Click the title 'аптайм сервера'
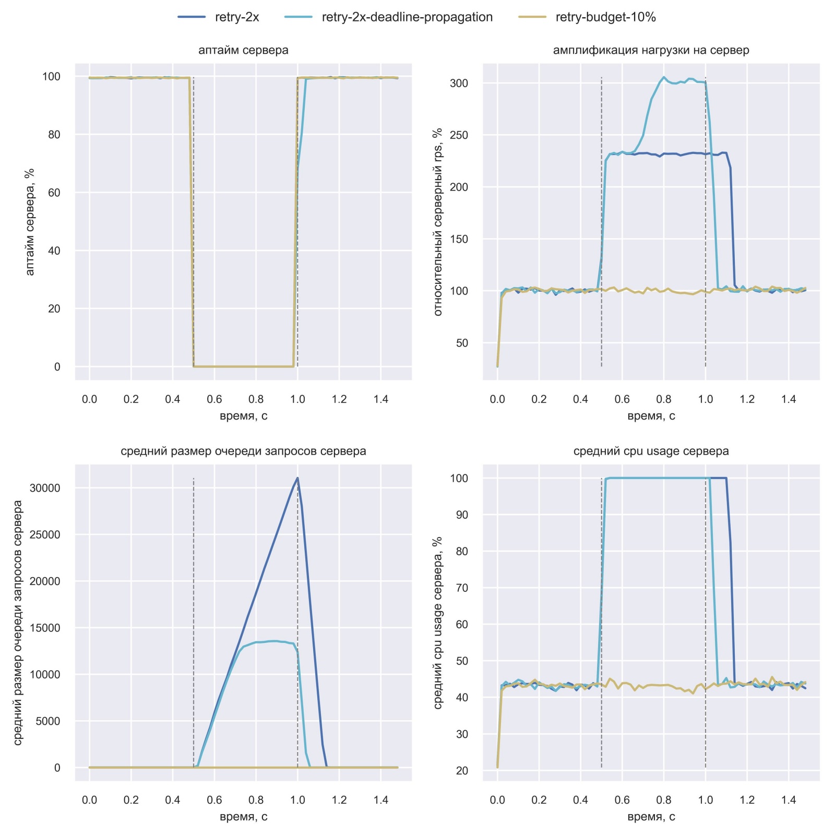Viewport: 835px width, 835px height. point(243,50)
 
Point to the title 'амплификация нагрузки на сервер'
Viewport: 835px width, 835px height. point(651,50)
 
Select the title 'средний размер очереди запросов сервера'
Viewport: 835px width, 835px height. point(243,451)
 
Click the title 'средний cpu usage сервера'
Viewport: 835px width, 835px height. point(651,451)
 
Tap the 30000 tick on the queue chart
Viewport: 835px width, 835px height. point(45,488)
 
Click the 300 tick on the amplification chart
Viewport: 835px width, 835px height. point(459,83)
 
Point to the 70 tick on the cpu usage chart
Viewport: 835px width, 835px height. point(462,588)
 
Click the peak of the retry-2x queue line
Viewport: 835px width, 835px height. point(297,478)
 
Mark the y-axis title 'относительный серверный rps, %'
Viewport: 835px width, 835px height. point(438,222)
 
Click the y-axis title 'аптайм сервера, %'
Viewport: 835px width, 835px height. point(30,222)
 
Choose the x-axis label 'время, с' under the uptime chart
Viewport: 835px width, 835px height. point(243,416)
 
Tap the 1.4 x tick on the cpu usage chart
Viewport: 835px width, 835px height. point(789,800)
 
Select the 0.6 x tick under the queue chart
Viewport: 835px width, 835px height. point(214,800)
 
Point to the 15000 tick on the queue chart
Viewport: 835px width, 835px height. point(45,628)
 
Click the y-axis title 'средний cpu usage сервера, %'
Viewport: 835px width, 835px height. point(438,623)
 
